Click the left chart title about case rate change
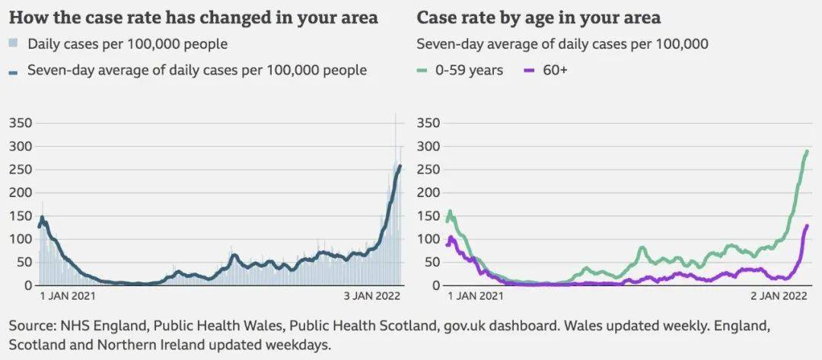pyautogui.click(x=193, y=18)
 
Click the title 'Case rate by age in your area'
pyautogui.click(x=538, y=18)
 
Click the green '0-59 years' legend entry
pyautogui.click(x=460, y=71)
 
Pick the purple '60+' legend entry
pyautogui.click(x=547, y=71)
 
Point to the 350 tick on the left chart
pyautogui.click(x=21, y=123)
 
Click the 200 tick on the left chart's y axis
pyautogui.click(x=21, y=193)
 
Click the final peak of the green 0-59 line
pyautogui.click(x=807, y=151)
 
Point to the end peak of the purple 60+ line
pyautogui.click(x=807, y=225)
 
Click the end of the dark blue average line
pyautogui.click(x=400, y=166)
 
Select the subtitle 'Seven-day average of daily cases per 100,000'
pyautogui.click(x=562, y=44)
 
